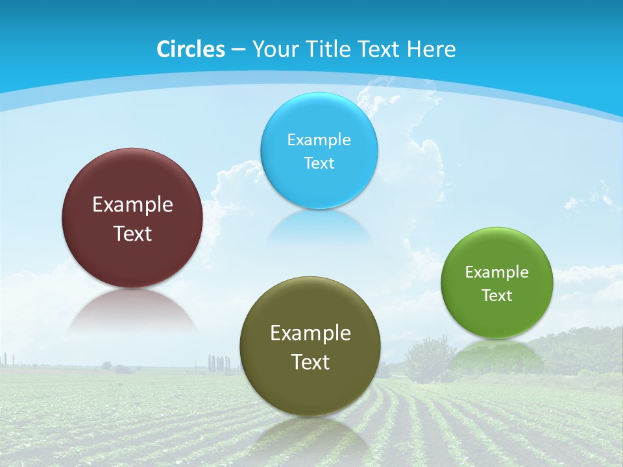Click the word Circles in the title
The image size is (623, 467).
click(x=191, y=49)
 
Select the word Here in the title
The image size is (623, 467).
click(x=431, y=49)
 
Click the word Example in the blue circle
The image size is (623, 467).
click(x=319, y=139)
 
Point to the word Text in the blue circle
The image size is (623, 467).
click(x=319, y=163)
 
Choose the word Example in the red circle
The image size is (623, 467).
click(x=132, y=204)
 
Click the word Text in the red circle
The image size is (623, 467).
click(x=132, y=233)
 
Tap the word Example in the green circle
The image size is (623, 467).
click(x=497, y=272)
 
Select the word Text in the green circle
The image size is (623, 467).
click(x=497, y=295)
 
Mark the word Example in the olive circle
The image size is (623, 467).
click(x=310, y=333)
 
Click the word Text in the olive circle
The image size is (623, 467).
click(x=310, y=362)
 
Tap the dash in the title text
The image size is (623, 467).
click(x=238, y=49)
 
